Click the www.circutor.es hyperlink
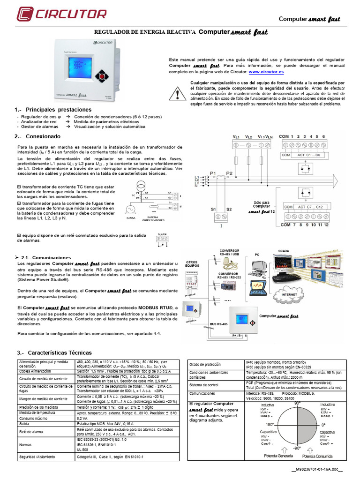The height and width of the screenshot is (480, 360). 266,73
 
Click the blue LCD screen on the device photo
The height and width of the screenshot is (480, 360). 75,67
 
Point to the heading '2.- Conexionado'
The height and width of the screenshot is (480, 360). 37,136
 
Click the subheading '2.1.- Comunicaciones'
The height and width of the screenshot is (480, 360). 45,258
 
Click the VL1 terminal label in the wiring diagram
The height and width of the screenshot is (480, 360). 236,136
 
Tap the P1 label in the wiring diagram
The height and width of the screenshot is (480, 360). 213,173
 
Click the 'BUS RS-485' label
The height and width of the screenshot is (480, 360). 219,324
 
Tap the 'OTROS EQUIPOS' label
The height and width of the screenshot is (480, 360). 192,263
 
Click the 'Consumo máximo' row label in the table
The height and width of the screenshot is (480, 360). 33,418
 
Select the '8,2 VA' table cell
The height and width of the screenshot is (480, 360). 83,418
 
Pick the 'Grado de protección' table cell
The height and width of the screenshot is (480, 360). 206,364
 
